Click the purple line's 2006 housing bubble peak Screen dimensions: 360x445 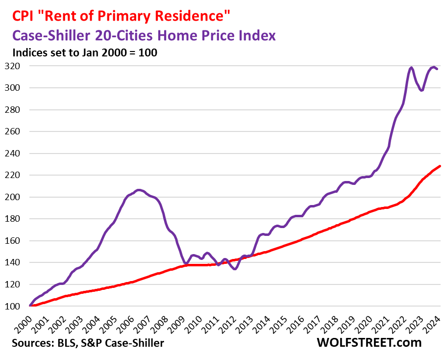tap(139, 190)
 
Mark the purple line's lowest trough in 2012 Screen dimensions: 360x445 tap(235, 269)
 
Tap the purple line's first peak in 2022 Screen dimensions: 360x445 tap(411, 68)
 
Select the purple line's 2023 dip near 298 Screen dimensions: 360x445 tap(421, 91)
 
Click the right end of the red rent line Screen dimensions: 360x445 tap(440, 166)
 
